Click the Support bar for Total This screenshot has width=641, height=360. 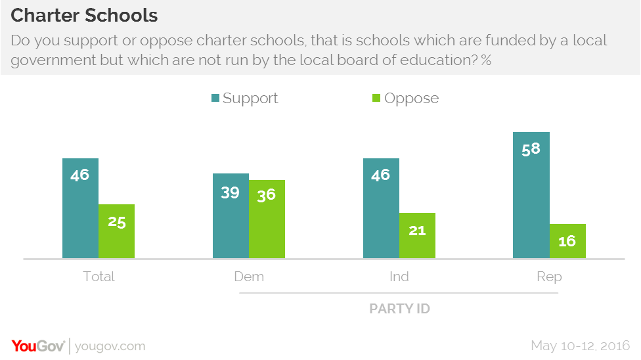click(80, 208)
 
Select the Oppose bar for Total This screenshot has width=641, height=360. click(116, 231)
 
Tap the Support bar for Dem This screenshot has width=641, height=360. click(231, 216)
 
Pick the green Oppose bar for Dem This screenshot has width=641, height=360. click(267, 219)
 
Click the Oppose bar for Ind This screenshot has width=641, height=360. click(417, 235)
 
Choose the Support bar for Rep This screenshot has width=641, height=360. click(531, 195)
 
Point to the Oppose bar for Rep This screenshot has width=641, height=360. click(567, 241)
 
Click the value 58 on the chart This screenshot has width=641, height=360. click(531, 148)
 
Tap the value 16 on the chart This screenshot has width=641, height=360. click(567, 241)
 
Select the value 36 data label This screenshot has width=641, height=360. click(266, 196)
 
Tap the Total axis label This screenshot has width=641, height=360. click(99, 277)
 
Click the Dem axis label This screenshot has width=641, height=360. click(249, 277)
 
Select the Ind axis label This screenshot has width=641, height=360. click(399, 277)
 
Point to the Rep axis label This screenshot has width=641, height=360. click(549, 277)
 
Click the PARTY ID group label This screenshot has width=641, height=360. click(399, 308)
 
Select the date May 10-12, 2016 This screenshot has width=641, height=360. click(580, 346)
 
